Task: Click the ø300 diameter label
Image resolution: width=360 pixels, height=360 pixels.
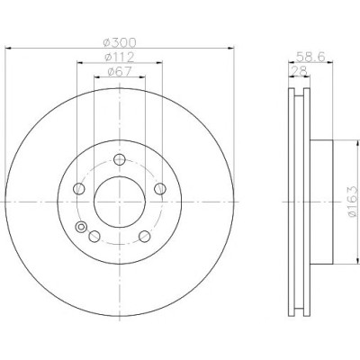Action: pos(120,42)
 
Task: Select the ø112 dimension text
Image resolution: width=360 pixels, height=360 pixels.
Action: pos(120,57)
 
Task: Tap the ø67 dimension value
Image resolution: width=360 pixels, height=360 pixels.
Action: pos(120,72)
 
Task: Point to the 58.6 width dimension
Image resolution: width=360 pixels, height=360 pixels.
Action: pos(310,57)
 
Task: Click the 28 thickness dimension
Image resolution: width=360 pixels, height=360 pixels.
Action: pos(300,71)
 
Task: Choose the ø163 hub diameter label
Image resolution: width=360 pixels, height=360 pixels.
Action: pos(354,202)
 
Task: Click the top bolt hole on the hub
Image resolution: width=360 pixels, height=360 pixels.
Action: pos(120,159)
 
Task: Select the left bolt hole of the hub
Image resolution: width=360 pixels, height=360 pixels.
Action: pos(79,189)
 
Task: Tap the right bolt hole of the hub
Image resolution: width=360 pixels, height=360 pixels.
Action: pos(160,189)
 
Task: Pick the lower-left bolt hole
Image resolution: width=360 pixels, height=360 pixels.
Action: pos(94,237)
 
